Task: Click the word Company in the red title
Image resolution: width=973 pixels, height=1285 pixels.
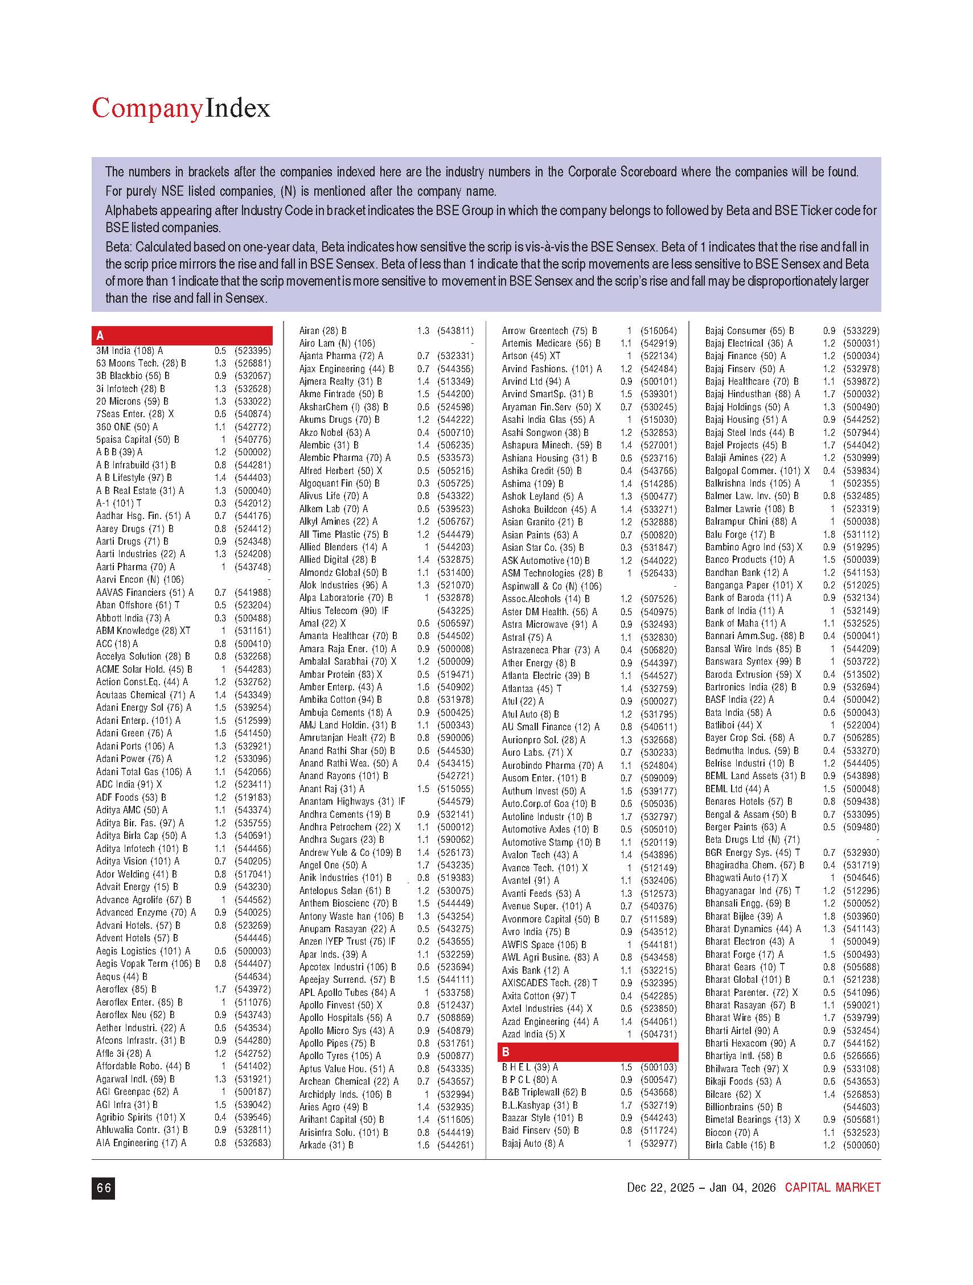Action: [x=147, y=109]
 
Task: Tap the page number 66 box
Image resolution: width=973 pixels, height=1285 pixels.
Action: [x=104, y=1188]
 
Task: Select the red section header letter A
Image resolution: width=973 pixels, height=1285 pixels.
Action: [x=101, y=336]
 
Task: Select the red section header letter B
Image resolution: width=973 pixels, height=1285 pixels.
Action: [x=506, y=1052]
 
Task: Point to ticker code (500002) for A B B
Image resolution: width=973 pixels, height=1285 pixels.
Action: [x=252, y=452]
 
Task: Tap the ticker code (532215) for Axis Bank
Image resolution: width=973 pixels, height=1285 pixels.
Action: [x=658, y=970]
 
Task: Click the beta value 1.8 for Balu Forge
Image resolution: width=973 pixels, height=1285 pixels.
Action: [x=829, y=534]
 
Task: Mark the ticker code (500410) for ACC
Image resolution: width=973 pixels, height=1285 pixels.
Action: [x=252, y=644]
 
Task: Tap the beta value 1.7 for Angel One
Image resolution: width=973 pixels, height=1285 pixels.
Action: [x=422, y=865]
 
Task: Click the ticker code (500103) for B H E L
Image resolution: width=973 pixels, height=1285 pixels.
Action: [x=658, y=1067]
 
